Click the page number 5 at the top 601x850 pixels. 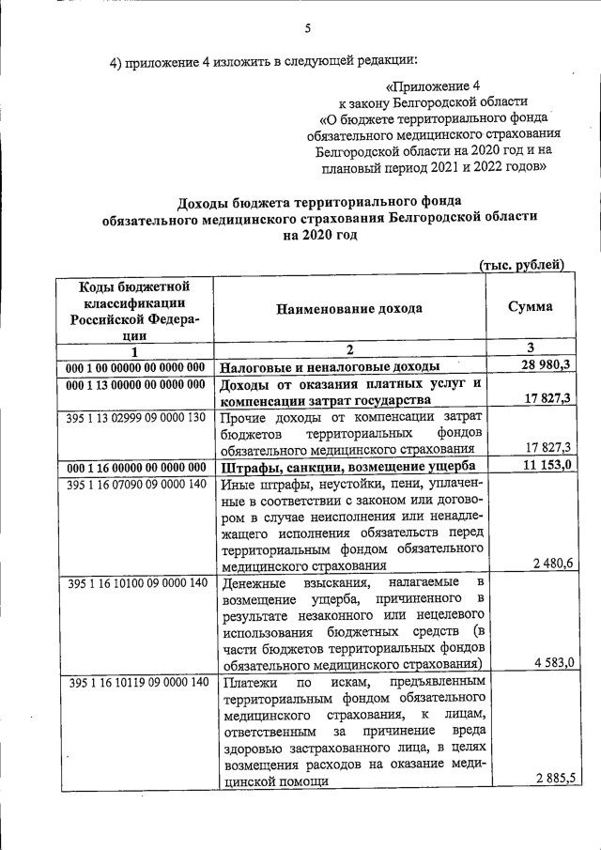tap(307, 29)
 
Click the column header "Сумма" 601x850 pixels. tap(530, 306)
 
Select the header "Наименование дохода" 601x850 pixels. tap(348, 308)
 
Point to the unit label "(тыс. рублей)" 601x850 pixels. tap(521, 265)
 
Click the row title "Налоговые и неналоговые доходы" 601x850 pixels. tap(330, 366)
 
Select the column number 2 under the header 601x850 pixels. tap(348, 348)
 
